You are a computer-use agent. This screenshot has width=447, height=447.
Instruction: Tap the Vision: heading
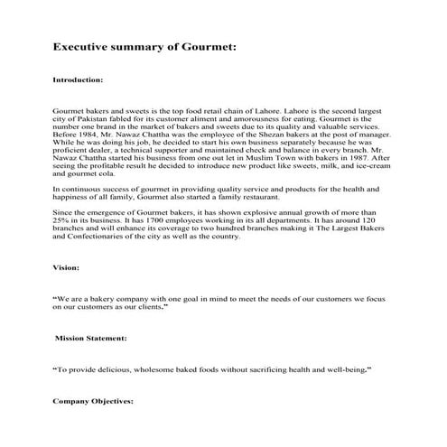(x=68, y=268)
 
